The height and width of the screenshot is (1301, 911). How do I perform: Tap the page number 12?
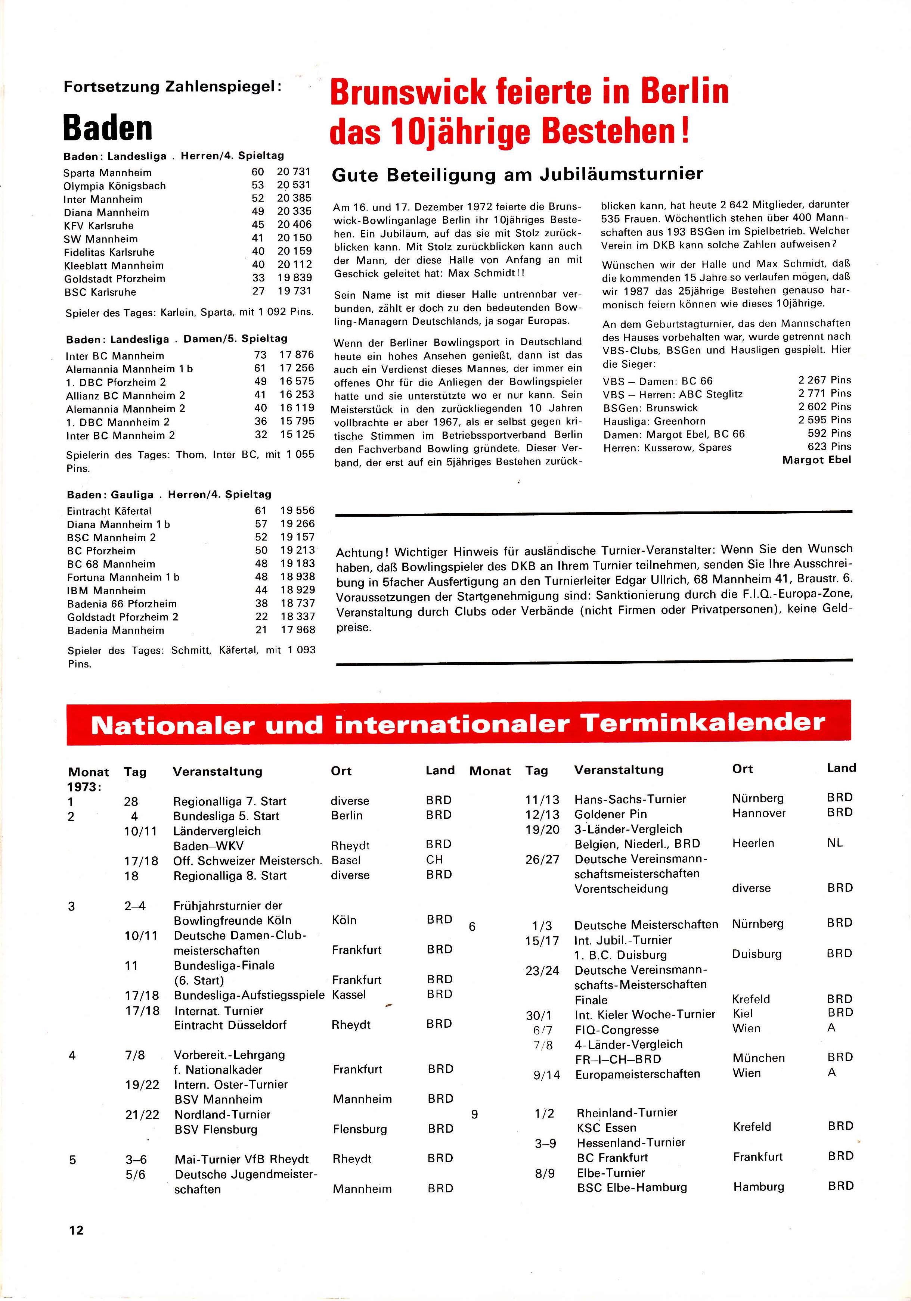(76, 1230)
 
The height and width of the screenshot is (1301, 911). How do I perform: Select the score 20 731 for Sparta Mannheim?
(294, 172)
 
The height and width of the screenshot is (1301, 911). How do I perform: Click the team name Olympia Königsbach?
(115, 186)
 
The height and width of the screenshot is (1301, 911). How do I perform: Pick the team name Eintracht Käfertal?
(109, 511)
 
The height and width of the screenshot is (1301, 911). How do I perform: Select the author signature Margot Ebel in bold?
(817, 460)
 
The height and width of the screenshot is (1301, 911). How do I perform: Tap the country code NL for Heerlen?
(834, 843)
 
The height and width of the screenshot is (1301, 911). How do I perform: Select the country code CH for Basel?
(434, 860)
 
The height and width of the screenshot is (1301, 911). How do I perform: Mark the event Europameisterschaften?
(637, 1074)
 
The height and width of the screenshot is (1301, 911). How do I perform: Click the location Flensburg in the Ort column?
(359, 1129)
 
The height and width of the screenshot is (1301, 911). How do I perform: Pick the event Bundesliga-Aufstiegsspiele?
(249, 995)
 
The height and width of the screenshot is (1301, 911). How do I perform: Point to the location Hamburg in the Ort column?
(759, 1186)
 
